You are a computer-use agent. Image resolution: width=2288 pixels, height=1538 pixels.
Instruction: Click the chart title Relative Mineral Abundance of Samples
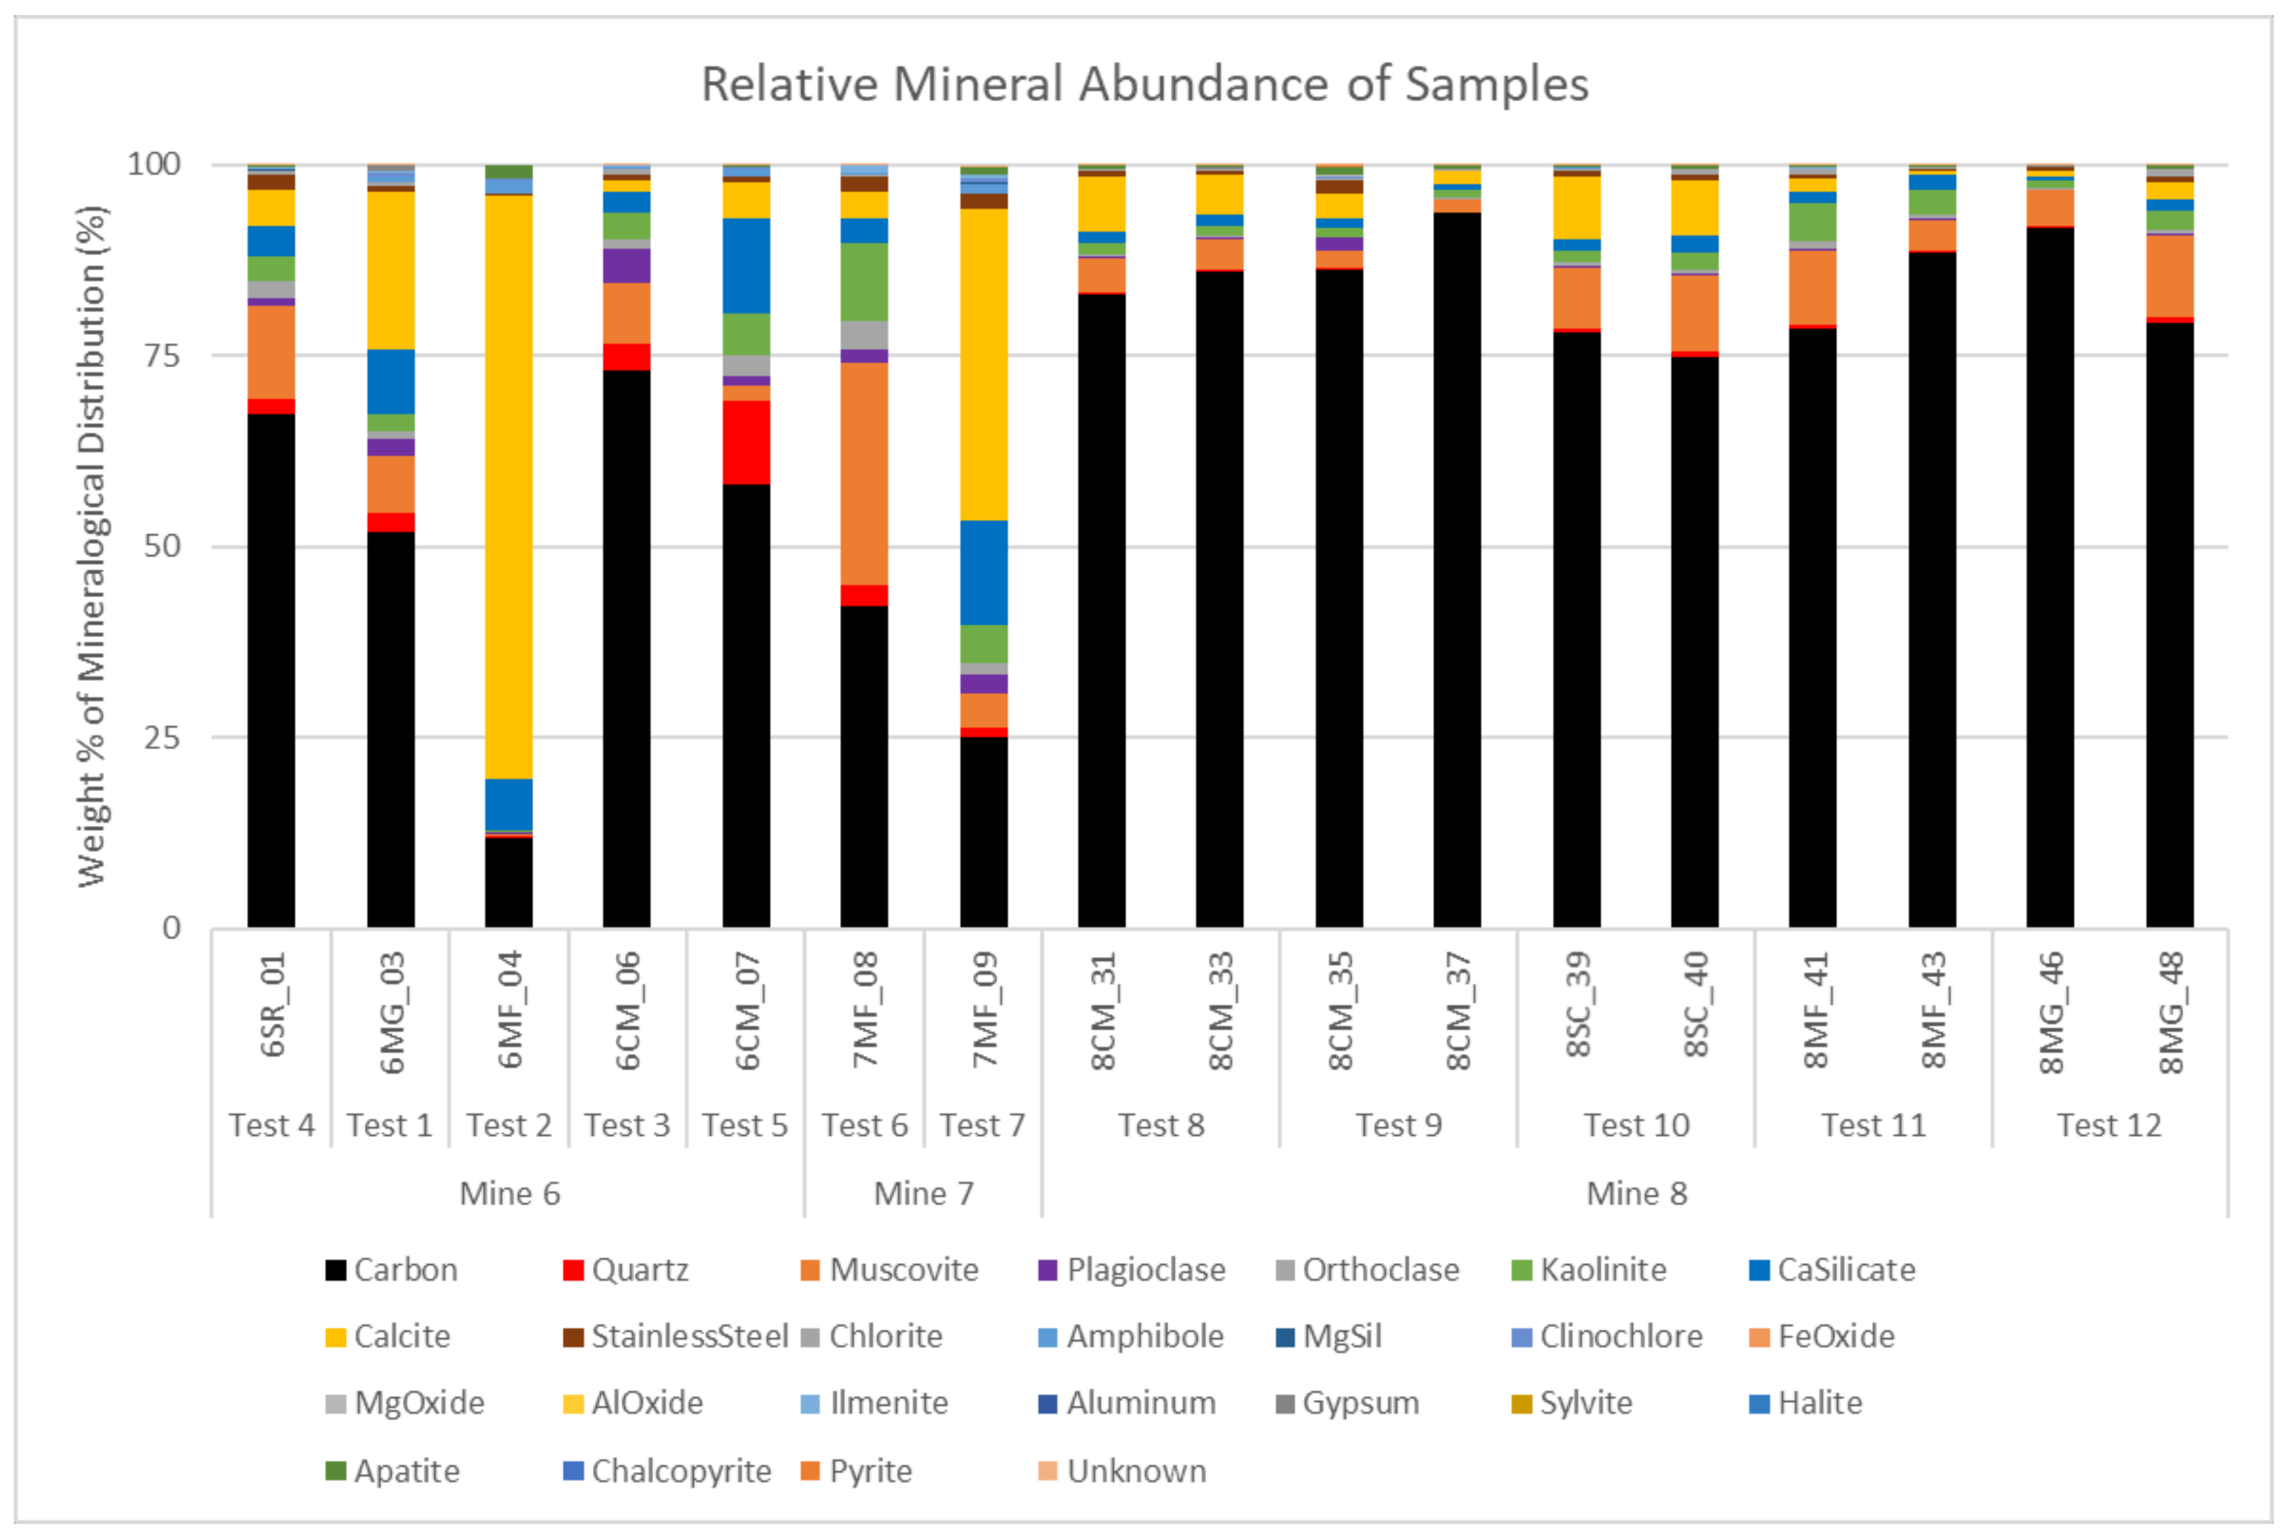[x=1144, y=85]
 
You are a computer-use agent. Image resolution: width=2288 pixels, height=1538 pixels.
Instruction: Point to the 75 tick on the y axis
[x=162, y=355]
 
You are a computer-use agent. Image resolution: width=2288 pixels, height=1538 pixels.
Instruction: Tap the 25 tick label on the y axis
[x=162, y=737]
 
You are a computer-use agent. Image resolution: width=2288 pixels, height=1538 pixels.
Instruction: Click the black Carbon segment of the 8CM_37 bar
[x=1457, y=569]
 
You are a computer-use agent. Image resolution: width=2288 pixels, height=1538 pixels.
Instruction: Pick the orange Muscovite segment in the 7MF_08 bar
[x=865, y=474]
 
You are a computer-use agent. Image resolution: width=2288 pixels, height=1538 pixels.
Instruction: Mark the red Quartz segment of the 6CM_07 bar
[x=746, y=442]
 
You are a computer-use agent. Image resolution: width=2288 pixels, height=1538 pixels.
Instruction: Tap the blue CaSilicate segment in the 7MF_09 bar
[x=983, y=572]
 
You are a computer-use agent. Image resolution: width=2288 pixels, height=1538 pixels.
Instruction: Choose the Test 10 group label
[x=1636, y=1125]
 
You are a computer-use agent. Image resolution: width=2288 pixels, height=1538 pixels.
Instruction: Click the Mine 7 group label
[x=923, y=1194]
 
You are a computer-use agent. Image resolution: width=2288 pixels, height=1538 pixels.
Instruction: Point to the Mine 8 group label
[x=1636, y=1194]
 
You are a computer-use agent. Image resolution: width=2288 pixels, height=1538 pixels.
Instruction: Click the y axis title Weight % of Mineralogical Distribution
[x=90, y=546]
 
